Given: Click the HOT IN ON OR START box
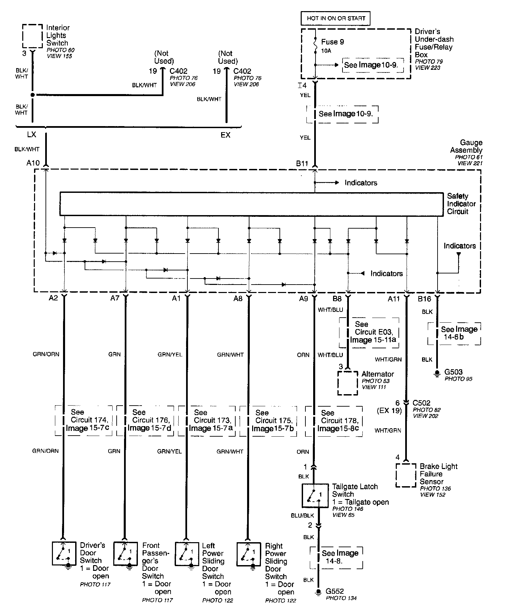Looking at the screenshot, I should pos(335,18).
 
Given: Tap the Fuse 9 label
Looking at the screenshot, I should pos(332,42).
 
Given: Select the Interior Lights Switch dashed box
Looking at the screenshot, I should pos(32,36).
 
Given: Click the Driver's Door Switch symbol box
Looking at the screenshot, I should pos(64,554).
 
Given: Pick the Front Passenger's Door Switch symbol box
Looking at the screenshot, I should pos(125,554).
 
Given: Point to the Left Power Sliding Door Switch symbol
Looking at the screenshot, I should pos(187,554).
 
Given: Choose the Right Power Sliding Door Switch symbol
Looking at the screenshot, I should pos(249,554).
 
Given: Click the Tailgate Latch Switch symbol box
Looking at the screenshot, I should pos(315,496).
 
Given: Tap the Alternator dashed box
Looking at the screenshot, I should pos(348,383).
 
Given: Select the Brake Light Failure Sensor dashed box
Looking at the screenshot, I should pos(406,475).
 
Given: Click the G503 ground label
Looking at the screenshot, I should pos(453,372).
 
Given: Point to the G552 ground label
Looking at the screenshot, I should pos(335,591).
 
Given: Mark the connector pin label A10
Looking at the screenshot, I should pos(33,163).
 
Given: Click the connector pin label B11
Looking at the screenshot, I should pos(302,164).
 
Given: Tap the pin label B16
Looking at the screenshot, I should pos(424,299).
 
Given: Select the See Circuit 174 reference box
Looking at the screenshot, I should pos(84,420).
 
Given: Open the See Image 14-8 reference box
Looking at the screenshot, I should pos(336,557).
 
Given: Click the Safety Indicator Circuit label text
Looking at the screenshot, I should pos(461,204).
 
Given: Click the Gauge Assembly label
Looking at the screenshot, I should pos(466,146).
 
